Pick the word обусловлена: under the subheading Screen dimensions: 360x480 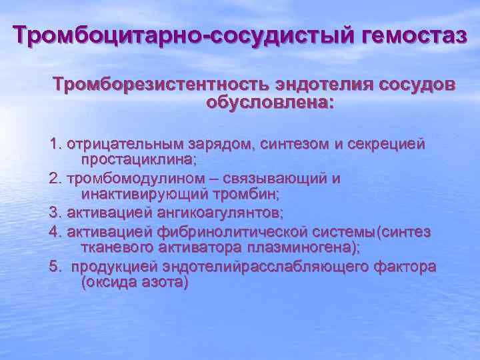coord(271,104)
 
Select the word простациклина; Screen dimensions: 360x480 coord(139,160)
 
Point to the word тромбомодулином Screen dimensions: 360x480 coord(127,179)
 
